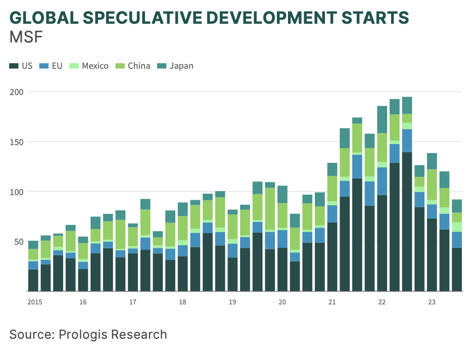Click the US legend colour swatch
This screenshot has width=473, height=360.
[14, 66]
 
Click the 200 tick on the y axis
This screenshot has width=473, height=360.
[17, 92]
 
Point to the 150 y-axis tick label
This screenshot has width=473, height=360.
[17, 142]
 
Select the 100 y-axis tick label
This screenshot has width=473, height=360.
[17, 192]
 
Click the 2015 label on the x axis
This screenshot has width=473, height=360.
[35, 302]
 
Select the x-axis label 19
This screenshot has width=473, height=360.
[232, 302]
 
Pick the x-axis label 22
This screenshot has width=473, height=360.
[382, 302]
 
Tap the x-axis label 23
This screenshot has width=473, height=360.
[432, 302]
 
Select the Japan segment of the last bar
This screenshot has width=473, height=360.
[457, 206]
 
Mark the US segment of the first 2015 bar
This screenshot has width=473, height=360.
[33, 280]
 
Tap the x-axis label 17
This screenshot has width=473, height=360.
[132, 302]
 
